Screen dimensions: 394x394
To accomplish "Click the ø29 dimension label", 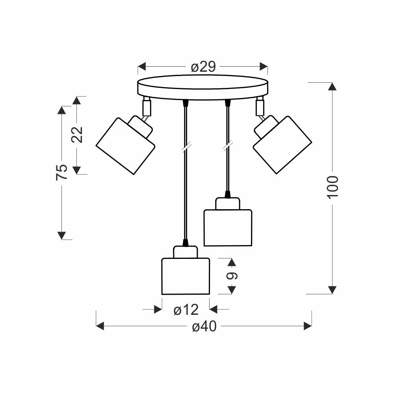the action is [x=203, y=67].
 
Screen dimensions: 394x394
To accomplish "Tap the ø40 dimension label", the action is [x=204, y=326].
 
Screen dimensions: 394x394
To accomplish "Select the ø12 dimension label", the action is [x=186, y=310].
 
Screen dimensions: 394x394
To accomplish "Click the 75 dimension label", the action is [x=61, y=172].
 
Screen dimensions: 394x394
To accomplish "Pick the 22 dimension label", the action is [x=77, y=135].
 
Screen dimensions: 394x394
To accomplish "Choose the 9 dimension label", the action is [x=231, y=276].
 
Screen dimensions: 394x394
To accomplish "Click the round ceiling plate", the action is [x=203, y=87].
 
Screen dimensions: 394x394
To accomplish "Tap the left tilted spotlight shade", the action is [x=125, y=146].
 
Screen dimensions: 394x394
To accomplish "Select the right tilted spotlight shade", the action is [x=282, y=145].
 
